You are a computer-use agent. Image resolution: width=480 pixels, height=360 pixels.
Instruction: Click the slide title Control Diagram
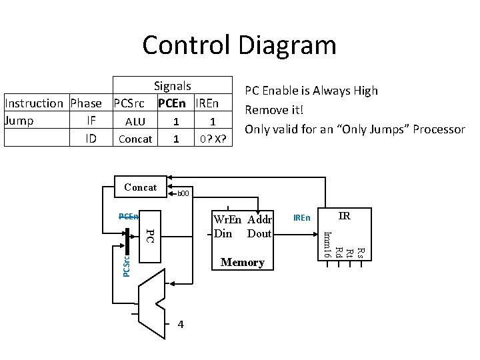point(239,45)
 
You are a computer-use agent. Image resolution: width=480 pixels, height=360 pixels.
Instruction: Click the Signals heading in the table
point(172,86)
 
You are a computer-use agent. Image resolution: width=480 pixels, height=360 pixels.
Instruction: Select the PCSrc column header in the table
point(129,103)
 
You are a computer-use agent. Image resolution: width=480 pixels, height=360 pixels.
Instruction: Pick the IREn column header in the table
point(211,103)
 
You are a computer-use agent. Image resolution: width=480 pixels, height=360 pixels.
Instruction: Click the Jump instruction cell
point(19,121)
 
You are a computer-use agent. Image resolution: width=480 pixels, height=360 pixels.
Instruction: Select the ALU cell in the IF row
point(135,121)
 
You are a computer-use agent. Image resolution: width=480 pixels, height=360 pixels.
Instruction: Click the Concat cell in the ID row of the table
point(135,139)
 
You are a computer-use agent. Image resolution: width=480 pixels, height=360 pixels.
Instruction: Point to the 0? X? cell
point(213,139)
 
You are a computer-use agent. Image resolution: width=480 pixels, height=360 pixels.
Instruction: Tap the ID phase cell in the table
point(92,139)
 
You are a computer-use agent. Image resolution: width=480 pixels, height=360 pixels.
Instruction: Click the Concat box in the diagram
point(141,187)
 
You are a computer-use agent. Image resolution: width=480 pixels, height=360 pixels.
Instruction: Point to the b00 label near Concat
point(183,194)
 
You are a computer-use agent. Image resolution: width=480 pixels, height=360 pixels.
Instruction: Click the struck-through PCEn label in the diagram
point(128,216)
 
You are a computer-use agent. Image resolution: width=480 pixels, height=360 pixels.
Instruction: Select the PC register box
point(151,236)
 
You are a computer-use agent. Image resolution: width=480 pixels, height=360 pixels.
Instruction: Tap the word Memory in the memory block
point(243,263)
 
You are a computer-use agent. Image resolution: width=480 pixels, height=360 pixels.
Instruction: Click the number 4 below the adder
point(181,324)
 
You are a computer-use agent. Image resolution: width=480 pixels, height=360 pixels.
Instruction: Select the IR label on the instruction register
point(344,216)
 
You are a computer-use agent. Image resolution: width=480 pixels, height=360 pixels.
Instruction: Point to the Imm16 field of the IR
point(327,244)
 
